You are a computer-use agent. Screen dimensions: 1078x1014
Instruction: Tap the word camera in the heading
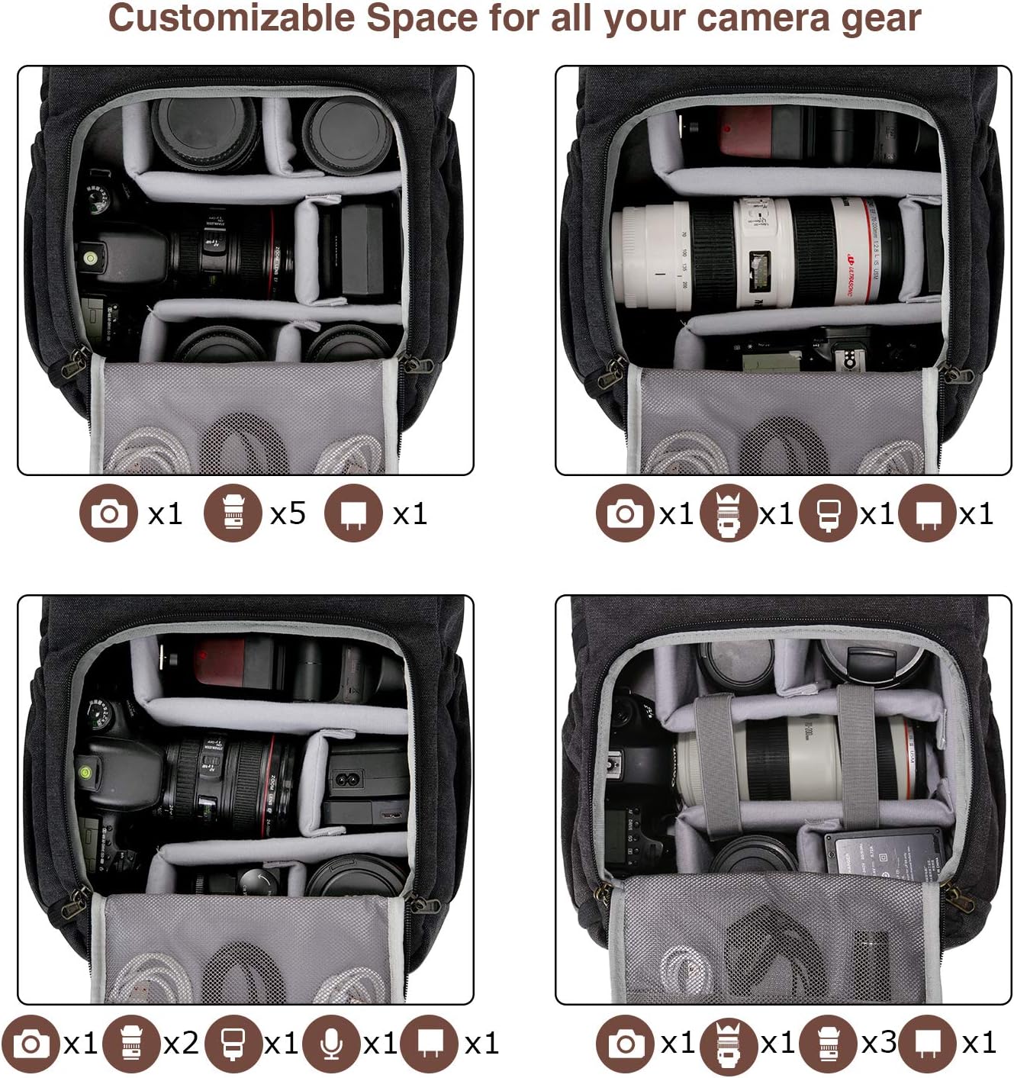pyautogui.click(x=751, y=19)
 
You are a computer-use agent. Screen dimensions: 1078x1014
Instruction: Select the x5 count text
pyautogui.click(x=288, y=513)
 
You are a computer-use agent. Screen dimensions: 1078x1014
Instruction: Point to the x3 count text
pyautogui.click(x=878, y=1042)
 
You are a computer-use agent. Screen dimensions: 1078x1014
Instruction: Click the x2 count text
pyautogui.click(x=181, y=1043)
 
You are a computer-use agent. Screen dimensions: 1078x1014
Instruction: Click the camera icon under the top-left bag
pyautogui.click(x=108, y=513)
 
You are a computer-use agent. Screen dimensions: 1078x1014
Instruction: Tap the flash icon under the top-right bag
pyautogui.click(x=828, y=513)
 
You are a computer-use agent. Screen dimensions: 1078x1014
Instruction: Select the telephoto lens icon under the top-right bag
pyautogui.click(x=729, y=513)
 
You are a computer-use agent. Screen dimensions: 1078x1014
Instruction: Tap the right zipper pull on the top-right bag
pyautogui.click(x=955, y=372)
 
